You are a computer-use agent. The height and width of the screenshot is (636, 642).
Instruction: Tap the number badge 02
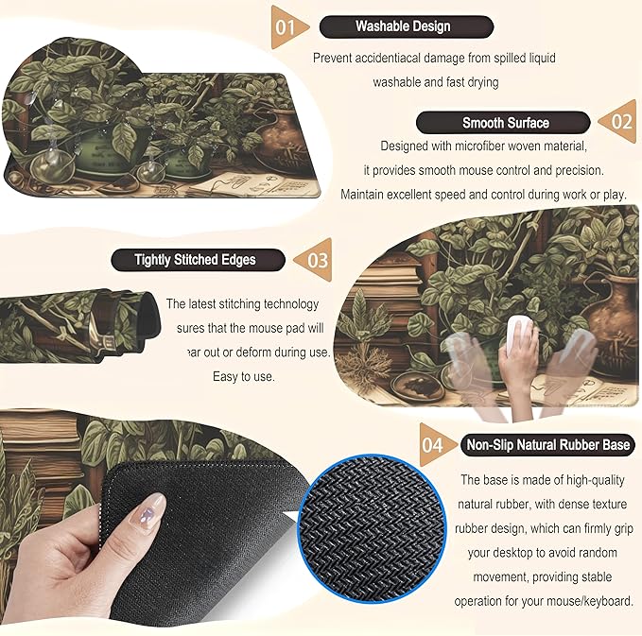pyautogui.click(x=620, y=122)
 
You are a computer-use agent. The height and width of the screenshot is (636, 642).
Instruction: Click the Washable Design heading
pyautogui.click(x=403, y=26)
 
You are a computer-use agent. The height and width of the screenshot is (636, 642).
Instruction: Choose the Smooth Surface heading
pyautogui.click(x=505, y=122)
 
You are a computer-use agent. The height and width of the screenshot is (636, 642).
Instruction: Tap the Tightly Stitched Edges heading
pyautogui.click(x=196, y=259)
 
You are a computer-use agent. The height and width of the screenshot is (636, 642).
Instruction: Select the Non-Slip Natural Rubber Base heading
pyautogui.click(x=547, y=444)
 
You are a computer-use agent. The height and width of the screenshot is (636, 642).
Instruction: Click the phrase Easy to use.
pyautogui.click(x=244, y=376)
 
